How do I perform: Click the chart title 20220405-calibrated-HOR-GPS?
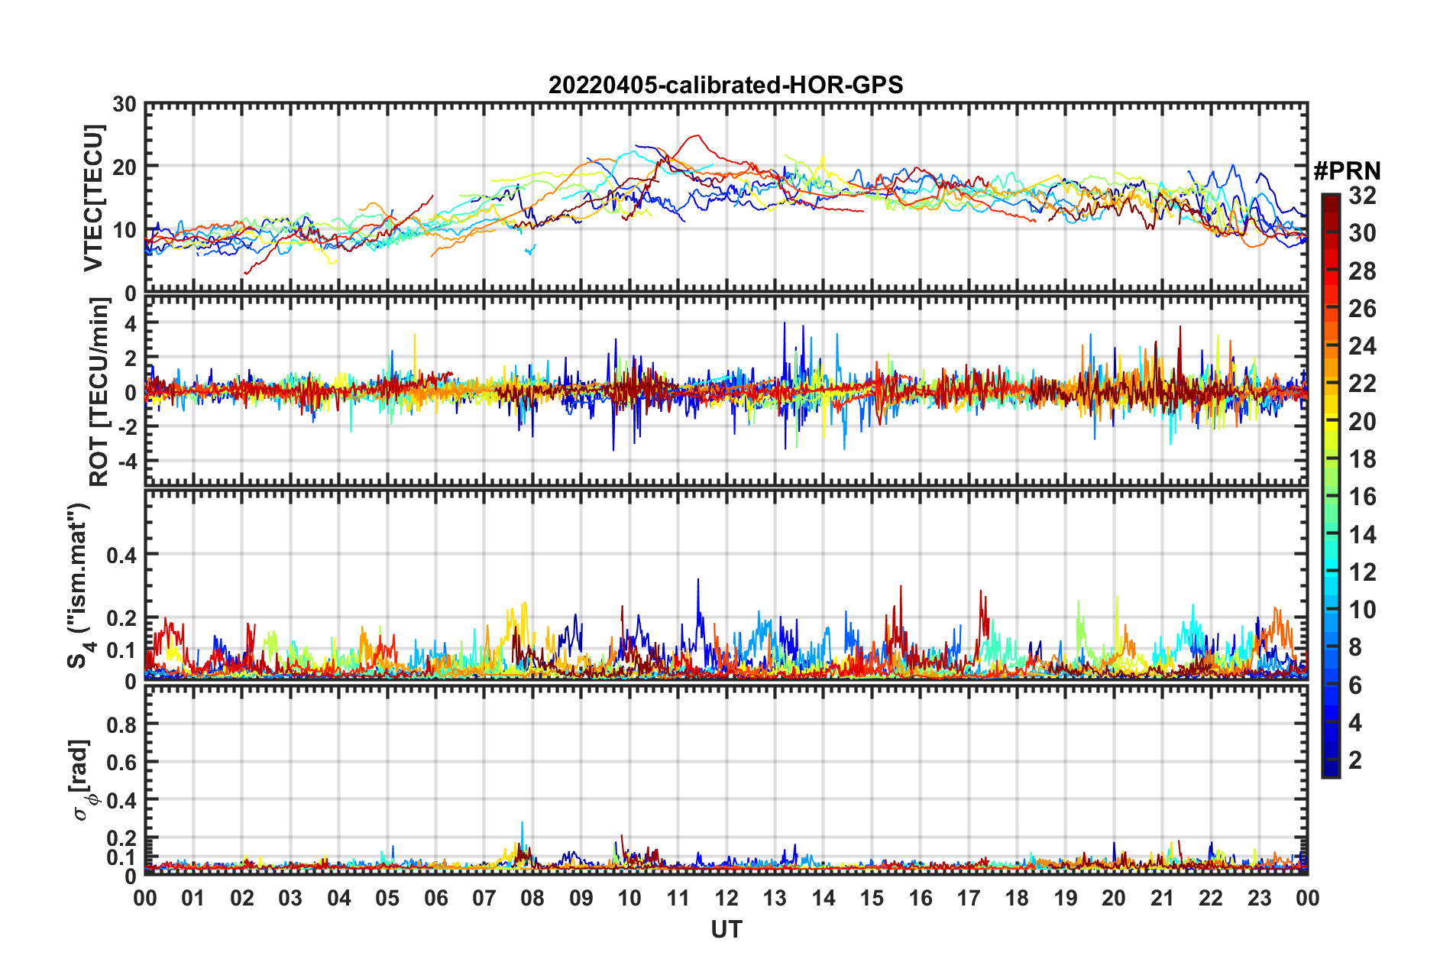pos(726,85)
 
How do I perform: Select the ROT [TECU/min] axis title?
pos(99,392)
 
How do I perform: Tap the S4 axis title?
pos(79,585)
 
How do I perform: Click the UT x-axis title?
pos(726,929)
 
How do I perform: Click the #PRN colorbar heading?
pos(1347,171)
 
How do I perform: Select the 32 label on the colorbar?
pos(1362,196)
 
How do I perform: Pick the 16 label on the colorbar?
pos(1362,497)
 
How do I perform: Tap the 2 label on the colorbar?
pos(1355,760)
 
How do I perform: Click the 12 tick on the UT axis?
pos(726,898)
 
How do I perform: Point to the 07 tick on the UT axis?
pos(484,898)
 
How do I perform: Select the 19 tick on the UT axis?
pos(1066,898)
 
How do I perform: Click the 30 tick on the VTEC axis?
pos(125,104)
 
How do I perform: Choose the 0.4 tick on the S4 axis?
pos(121,555)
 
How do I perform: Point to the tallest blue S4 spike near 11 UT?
pos(697,580)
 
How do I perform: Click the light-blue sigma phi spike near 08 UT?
pos(523,823)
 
